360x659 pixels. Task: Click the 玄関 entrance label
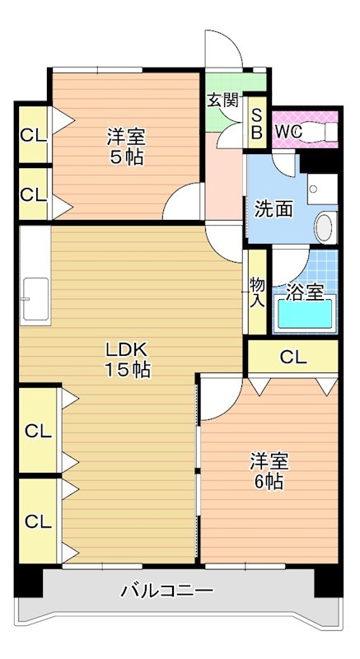(x=222, y=100)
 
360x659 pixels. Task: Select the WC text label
(x=288, y=130)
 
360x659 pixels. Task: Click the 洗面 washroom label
(x=273, y=208)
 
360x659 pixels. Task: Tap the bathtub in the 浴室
(x=305, y=314)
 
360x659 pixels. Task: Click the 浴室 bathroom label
(x=305, y=292)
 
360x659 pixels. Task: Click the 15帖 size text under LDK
(x=126, y=370)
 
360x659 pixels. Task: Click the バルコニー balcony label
(x=167, y=591)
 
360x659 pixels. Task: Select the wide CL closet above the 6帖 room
(x=292, y=357)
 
